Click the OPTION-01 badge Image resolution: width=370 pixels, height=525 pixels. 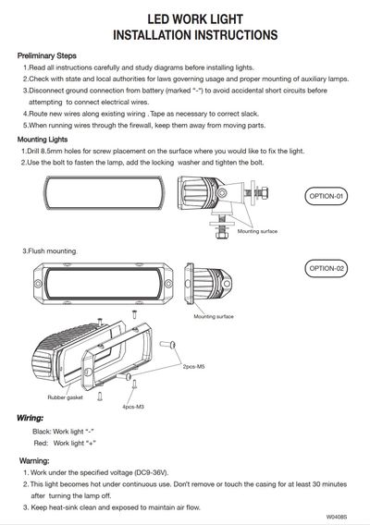(x=327, y=196)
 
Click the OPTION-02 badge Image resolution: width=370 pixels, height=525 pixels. (x=327, y=269)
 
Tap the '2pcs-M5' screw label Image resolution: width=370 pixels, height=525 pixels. (x=193, y=367)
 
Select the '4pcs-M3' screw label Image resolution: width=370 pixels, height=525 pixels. (x=133, y=407)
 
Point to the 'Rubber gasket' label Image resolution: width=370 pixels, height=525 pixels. (x=65, y=397)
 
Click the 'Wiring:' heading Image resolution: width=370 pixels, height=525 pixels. (x=31, y=418)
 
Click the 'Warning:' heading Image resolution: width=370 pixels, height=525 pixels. (x=34, y=461)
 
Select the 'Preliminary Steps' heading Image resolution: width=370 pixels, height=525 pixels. (x=47, y=55)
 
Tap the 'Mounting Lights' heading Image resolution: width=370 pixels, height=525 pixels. (x=43, y=140)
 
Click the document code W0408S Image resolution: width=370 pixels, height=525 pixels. (x=337, y=517)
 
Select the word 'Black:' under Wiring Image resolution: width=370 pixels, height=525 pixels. (x=42, y=432)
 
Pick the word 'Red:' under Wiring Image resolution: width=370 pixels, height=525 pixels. (x=42, y=444)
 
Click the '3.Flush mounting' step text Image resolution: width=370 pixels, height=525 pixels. (x=50, y=251)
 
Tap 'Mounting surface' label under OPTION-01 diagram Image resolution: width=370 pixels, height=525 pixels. (x=257, y=231)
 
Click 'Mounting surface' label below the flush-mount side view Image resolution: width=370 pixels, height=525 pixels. (x=214, y=316)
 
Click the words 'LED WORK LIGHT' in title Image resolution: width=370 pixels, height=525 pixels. (x=195, y=19)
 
